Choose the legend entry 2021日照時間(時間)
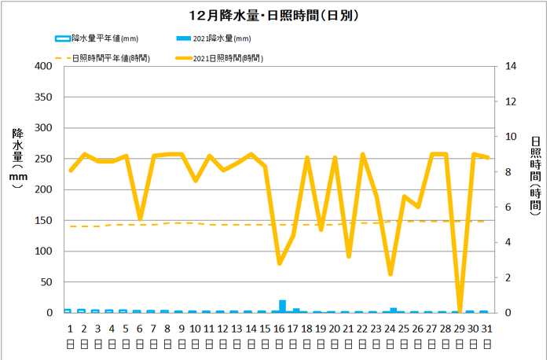click(x=227, y=58)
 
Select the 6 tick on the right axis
click(x=507, y=207)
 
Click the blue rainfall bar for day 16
click(x=283, y=307)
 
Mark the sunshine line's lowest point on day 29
click(x=460, y=310)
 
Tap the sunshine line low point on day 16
click(x=279, y=263)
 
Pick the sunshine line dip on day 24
click(x=390, y=274)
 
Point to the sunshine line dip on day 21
click(x=349, y=256)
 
